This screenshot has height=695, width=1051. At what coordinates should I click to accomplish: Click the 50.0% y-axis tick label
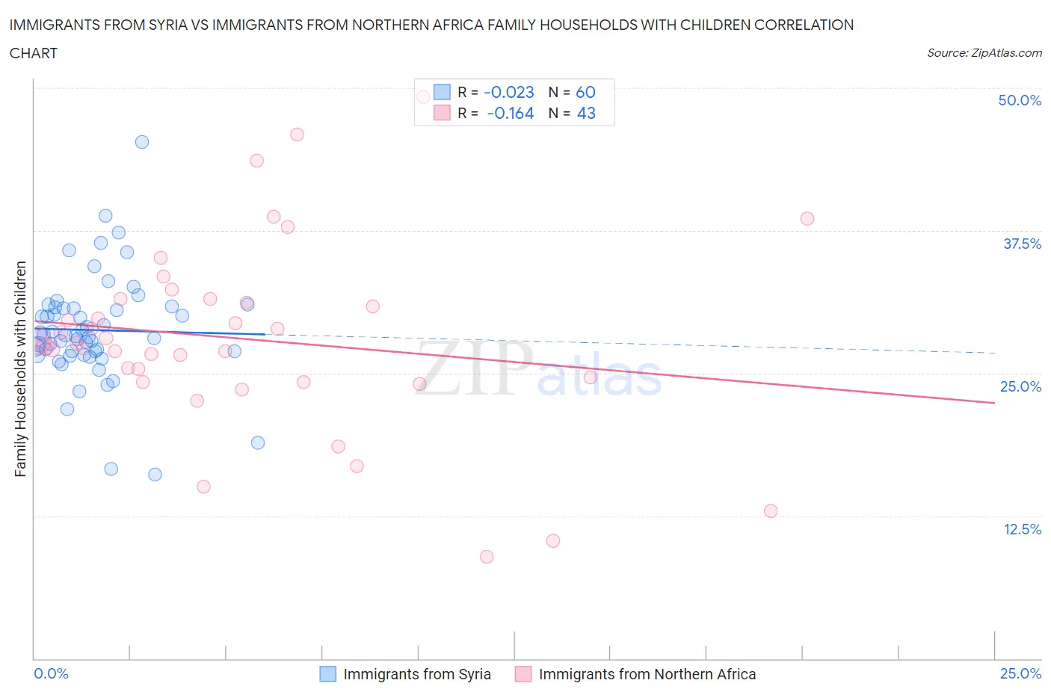click(x=1020, y=100)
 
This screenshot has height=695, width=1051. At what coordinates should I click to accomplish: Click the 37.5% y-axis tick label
click(x=1022, y=244)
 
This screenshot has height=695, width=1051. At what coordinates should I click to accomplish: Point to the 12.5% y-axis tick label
click(x=1022, y=529)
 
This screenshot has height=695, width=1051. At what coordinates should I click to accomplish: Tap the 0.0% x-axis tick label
click(x=52, y=673)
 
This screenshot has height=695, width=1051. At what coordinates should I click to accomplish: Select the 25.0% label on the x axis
click(x=1020, y=673)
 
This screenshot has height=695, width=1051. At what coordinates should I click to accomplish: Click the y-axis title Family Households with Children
click(x=20, y=368)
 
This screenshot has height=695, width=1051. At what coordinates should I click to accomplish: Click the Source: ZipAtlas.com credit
click(x=984, y=53)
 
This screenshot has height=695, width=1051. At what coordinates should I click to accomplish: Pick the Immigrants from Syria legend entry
click(x=406, y=674)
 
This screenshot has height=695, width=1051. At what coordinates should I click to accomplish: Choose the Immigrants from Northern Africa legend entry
click(x=635, y=674)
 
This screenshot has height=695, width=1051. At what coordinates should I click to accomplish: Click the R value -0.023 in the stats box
click(x=509, y=92)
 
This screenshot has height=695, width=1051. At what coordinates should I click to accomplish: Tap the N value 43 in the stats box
click(x=586, y=113)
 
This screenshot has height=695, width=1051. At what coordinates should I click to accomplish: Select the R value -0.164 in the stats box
click(x=511, y=113)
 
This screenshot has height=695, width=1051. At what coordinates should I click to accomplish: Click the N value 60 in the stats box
click(x=585, y=92)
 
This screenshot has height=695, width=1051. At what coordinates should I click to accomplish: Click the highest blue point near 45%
click(x=142, y=142)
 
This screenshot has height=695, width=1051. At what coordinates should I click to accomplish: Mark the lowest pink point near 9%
click(x=487, y=557)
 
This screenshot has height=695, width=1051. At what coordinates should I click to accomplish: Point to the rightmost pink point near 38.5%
click(x=807, y=219)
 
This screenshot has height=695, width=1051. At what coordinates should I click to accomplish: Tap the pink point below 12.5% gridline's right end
click(x=771, y=511)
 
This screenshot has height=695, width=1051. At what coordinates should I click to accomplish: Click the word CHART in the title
click(x=34, y=53)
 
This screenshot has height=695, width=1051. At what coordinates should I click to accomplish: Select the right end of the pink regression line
click(x=994, y=403)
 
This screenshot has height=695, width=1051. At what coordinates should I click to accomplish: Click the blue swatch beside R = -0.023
click(x=443, y=92)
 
